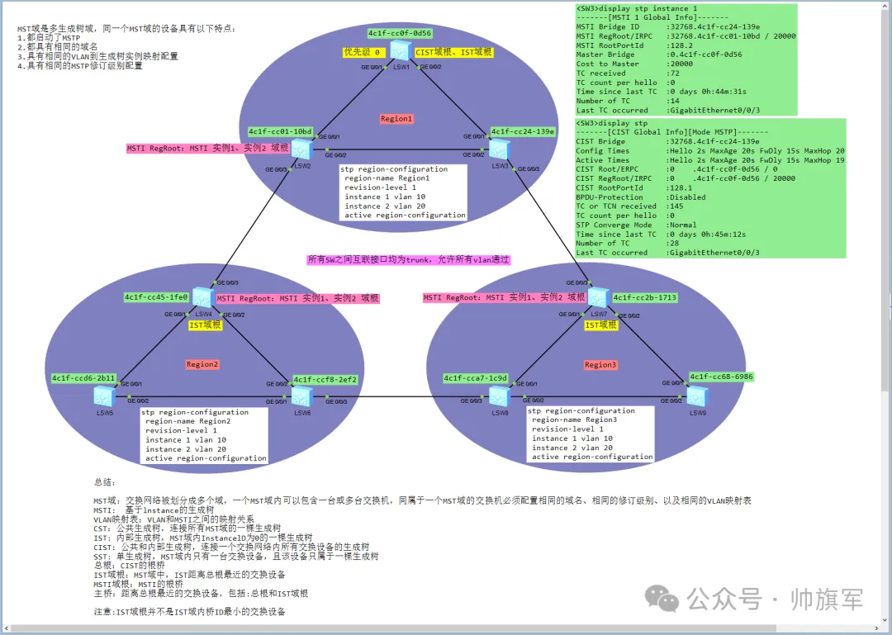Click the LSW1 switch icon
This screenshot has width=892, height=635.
[x=401, y=50]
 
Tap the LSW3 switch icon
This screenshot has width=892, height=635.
[x=499, y=149]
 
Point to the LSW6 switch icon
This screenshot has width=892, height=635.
[x=301, y=396]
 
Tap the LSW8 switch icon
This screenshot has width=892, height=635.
[x=500, y=396]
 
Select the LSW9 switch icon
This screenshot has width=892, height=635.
[x=697, y=396]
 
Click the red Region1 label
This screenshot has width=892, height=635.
[x=396, y=119]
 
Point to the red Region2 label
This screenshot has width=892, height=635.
[x=202, y=364]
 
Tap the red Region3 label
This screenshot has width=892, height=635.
[x=600, y=364]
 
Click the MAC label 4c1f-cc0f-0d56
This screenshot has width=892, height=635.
[x=400, y=33]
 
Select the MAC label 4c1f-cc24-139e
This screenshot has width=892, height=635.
[x=522, y=131]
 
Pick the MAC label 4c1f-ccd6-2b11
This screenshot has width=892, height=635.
[x=83, y=378]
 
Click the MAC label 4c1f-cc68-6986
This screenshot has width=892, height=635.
[x=721, y=377]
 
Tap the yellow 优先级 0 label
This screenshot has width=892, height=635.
[x=363, y=52]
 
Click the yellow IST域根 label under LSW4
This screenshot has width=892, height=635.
[x=206, y=325]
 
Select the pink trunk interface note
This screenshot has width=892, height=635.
[x=409, y=259]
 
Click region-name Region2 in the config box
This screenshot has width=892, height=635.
[x=187, y=421]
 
